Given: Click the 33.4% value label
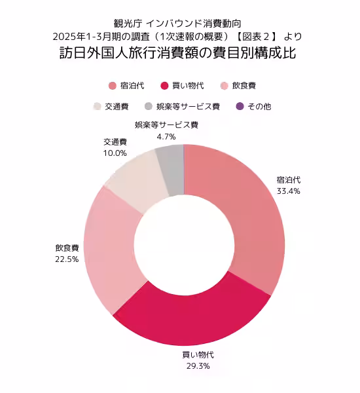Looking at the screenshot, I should pyautogui.click(x=289, y=191).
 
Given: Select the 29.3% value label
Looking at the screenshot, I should pyautogui.click(x=198, y=365).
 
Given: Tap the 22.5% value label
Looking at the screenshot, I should pyautogui.click(x=67, y=259).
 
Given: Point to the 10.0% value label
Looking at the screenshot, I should pyautogui.click(x=115, y=153).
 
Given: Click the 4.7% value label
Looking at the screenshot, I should pyautogui.click(x=166, y=137).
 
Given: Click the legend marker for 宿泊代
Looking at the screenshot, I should pyautogui.click(x=112, y=86).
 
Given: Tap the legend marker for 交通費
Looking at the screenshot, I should pyautogui.click(x=98, y=106).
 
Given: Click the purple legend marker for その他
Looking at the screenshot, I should pyautogui.click(x=240, y=106).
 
